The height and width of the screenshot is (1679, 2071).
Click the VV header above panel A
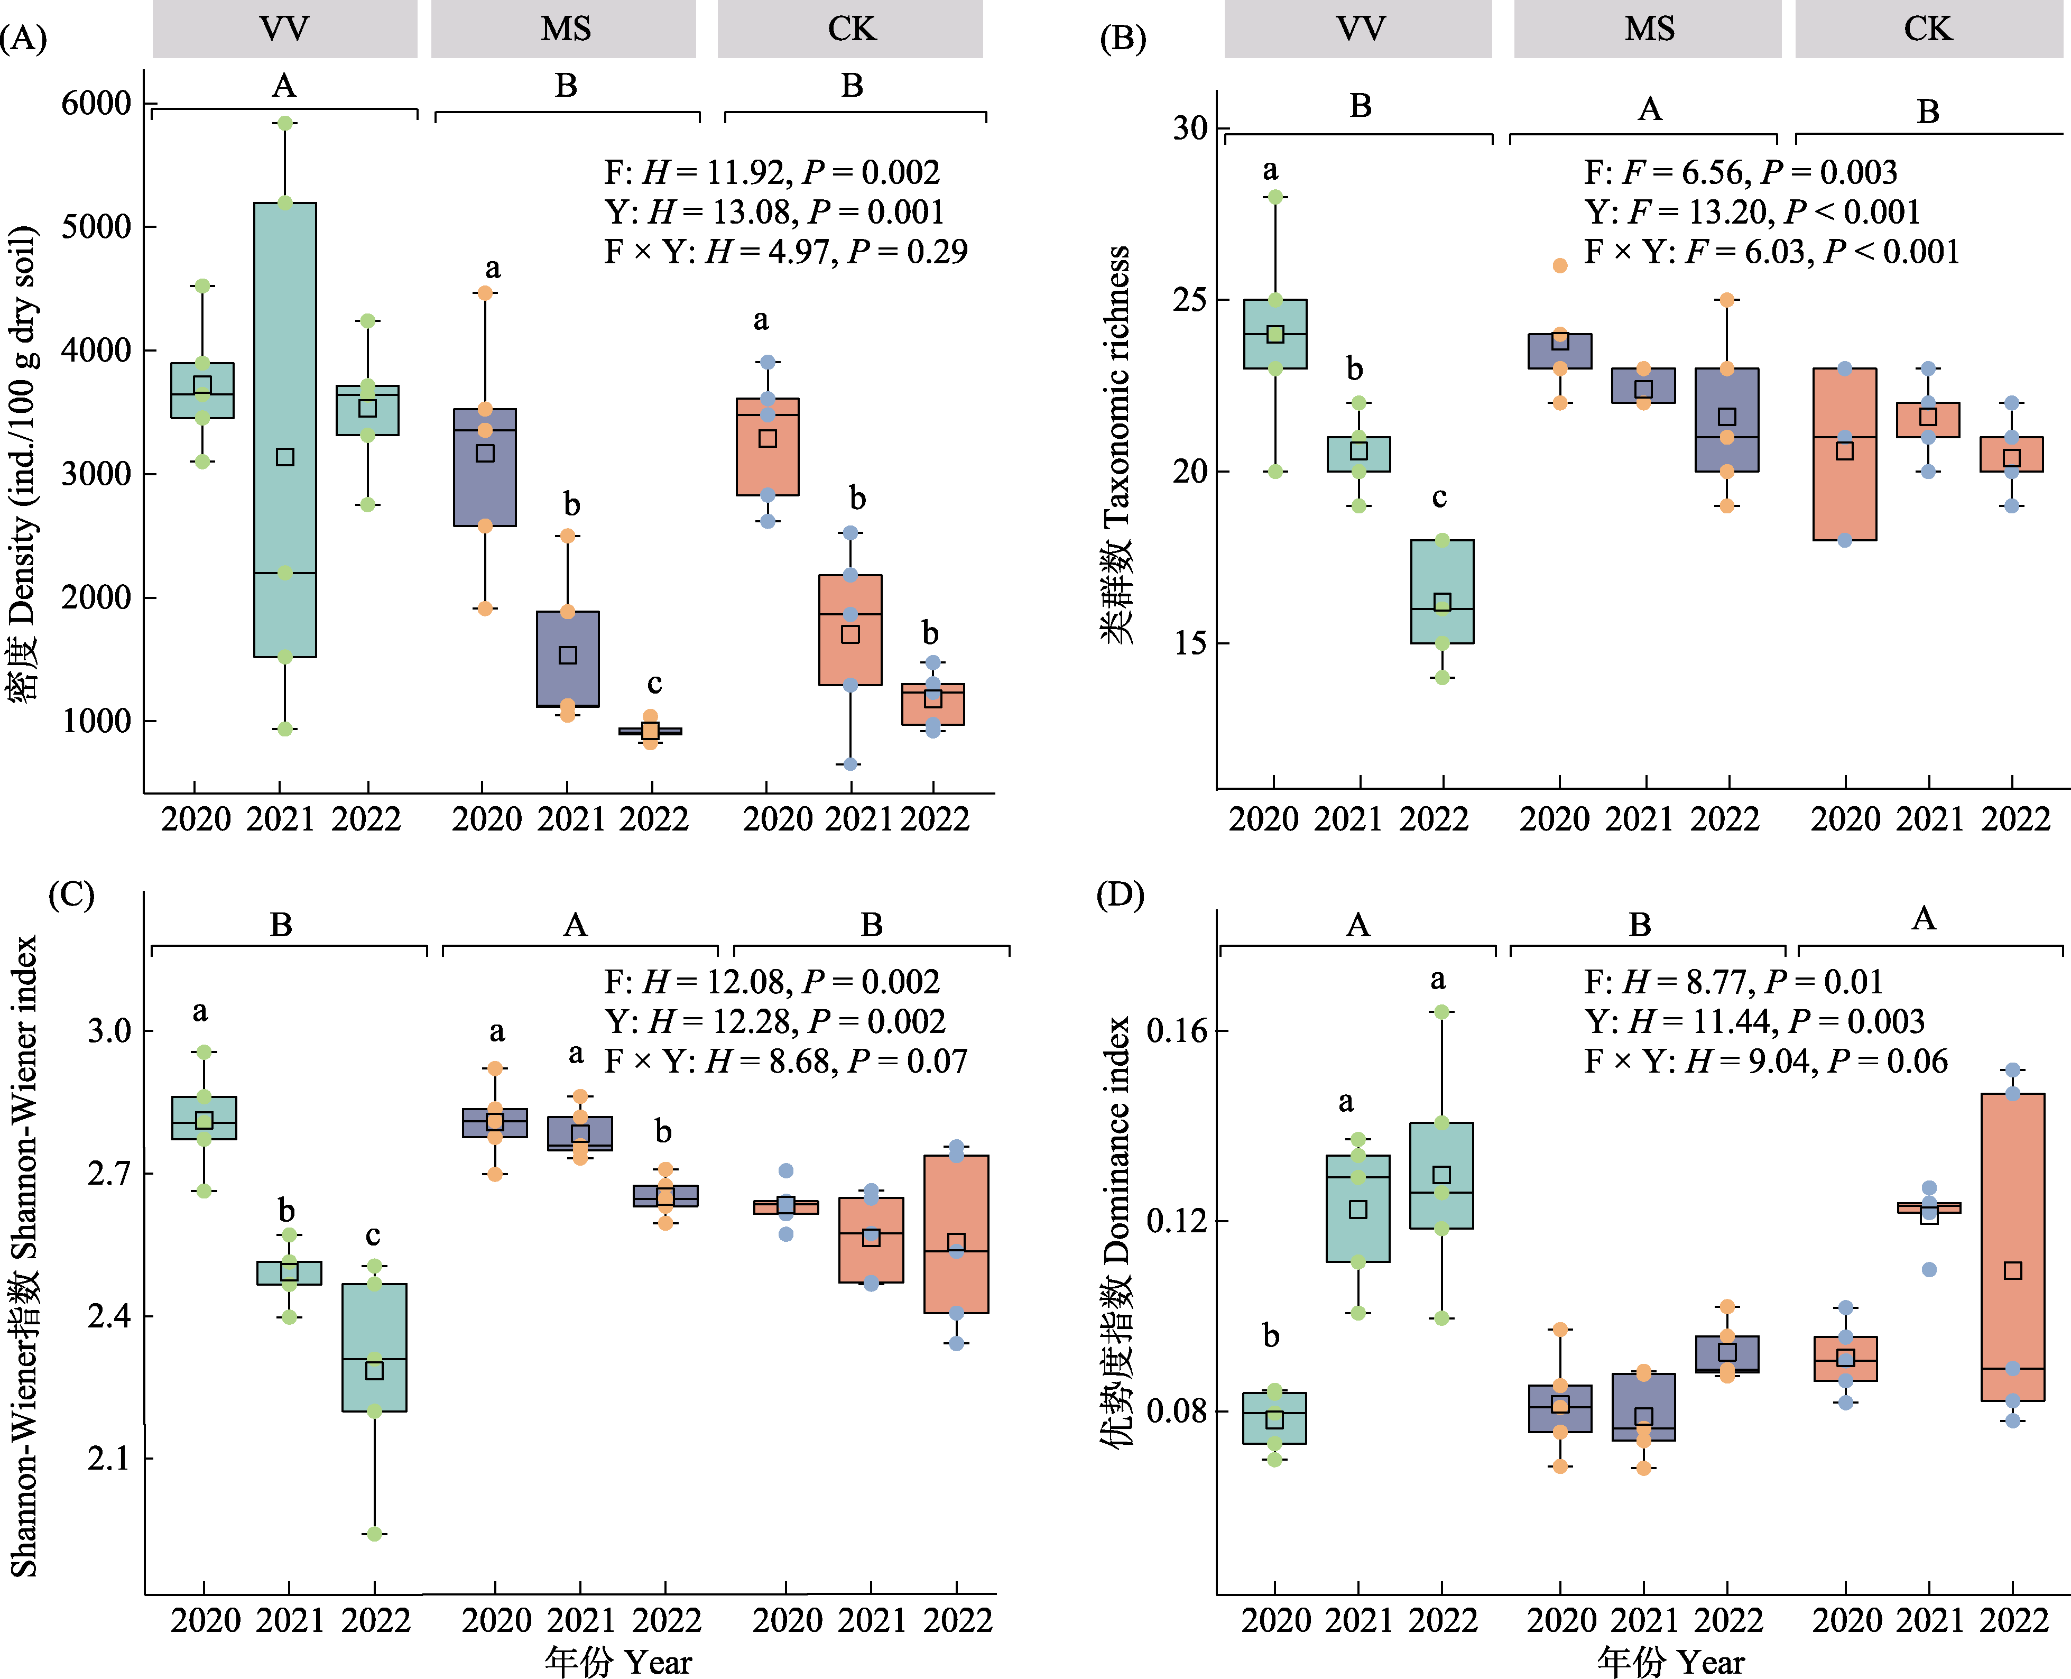284,29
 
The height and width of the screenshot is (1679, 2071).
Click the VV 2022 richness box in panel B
1441,591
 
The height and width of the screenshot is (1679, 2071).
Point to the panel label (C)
71,894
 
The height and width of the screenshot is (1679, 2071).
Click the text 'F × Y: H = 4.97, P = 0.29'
785,252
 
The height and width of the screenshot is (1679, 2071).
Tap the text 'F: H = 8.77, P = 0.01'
1733,982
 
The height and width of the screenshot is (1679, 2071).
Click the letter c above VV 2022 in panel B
1440,497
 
